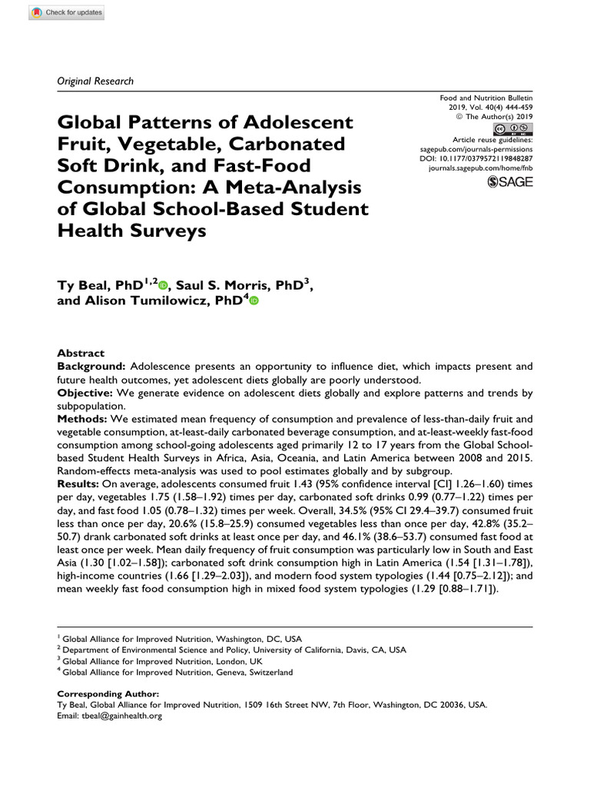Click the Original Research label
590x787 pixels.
coord(95,81)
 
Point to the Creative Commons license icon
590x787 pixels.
coord(512,128)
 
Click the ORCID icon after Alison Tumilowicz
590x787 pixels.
coord(254,302)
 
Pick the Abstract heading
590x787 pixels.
coord(81,354)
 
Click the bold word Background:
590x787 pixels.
coord(90,367)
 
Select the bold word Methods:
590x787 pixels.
coord(82,419)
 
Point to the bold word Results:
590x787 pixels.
coord(81,484)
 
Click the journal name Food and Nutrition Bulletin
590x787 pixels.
coord(486,99)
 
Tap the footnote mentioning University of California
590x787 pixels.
coord(234,649)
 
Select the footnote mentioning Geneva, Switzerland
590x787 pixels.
coord(177,672)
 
